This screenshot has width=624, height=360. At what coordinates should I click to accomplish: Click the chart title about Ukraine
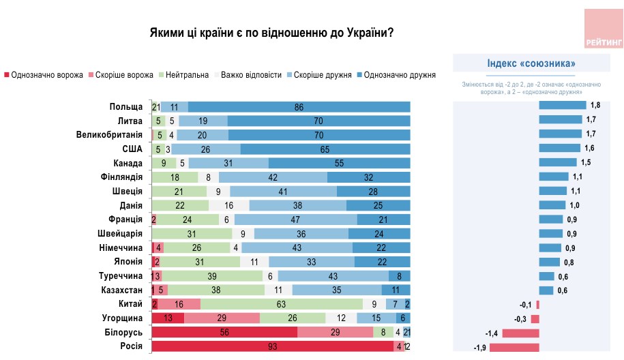[272, 33]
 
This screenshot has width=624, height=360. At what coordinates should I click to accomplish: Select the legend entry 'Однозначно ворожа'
[44, 74]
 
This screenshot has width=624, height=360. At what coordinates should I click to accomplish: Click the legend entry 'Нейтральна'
[184, 74]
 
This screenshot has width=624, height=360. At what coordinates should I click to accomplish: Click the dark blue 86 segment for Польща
[299, 106]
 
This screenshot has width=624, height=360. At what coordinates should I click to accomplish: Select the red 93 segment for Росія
[273, 346]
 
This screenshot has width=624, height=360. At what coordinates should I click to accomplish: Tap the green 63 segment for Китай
[282, 304]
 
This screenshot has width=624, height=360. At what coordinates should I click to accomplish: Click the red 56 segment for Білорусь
[224, 332]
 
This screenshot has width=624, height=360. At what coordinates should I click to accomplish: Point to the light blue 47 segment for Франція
[297, 219]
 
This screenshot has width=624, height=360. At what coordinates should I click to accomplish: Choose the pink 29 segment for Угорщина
[222, 318]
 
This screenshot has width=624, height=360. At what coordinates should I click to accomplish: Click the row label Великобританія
[109, 134]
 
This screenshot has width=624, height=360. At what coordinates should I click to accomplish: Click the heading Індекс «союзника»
[531, 63]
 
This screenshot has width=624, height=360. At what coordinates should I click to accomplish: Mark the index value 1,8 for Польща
[595, 106]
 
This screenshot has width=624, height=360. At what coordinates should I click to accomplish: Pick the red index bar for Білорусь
[521, 333]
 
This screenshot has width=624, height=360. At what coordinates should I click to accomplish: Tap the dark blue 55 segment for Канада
[339, 163]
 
